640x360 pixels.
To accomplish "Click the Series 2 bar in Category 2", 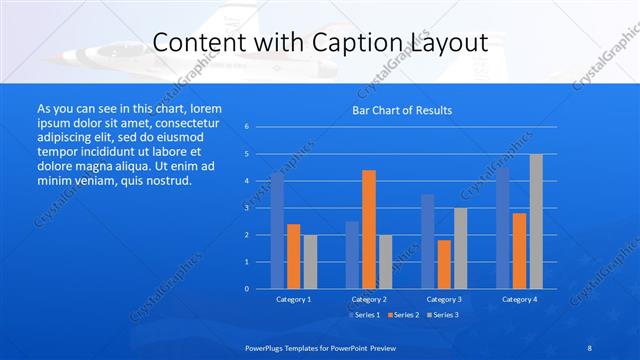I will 369,229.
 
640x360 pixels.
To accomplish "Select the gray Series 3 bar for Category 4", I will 536,221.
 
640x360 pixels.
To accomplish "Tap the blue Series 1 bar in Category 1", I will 277,230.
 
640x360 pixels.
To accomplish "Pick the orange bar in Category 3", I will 444,264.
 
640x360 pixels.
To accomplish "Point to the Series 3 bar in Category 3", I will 460,248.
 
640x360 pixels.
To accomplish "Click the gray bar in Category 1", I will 310,261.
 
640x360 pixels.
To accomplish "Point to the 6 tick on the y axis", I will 246,127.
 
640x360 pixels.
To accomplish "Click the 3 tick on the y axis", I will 246,208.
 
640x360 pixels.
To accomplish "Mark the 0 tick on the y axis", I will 246,289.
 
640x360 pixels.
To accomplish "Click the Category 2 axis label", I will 369,299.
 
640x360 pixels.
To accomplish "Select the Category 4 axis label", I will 519,299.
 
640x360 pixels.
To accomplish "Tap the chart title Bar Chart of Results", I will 402,110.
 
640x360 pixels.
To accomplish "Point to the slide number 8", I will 589,346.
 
